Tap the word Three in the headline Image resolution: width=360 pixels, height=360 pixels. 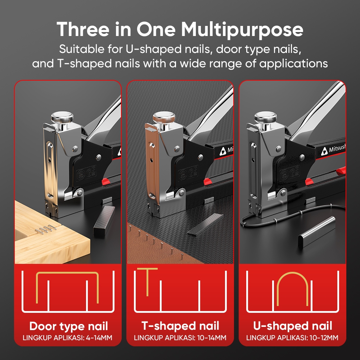83,29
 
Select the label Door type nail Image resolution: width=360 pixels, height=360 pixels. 68,327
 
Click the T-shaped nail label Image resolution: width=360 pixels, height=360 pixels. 180,326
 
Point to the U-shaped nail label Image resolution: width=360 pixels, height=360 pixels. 292,326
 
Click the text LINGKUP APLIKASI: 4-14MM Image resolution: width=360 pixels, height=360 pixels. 68,338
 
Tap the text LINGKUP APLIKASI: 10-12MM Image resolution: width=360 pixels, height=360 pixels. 292,338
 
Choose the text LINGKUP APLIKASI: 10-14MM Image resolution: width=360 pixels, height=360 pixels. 180,338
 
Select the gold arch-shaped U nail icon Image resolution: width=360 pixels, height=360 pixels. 292,273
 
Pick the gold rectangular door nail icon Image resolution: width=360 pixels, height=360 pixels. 67,273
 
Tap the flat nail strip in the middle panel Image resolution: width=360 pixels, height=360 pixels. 205,224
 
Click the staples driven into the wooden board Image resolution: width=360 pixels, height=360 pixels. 45,230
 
